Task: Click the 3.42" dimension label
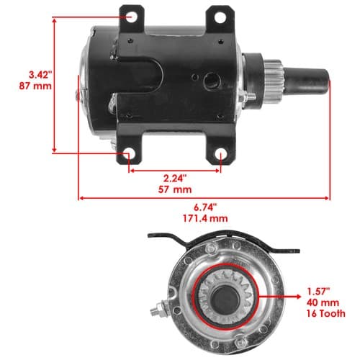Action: coord(40,75)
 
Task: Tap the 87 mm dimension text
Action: coord(35,86)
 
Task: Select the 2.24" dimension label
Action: coord(175,179)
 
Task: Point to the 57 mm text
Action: coord(175,189)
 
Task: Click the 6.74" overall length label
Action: coord(205,207)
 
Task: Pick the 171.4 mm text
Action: coord(205,218)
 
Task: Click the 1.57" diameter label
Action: coord(319,292)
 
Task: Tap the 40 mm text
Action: coord(323,302)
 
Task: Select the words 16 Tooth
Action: coord(325,313)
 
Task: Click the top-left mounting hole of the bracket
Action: coord(131,17)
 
